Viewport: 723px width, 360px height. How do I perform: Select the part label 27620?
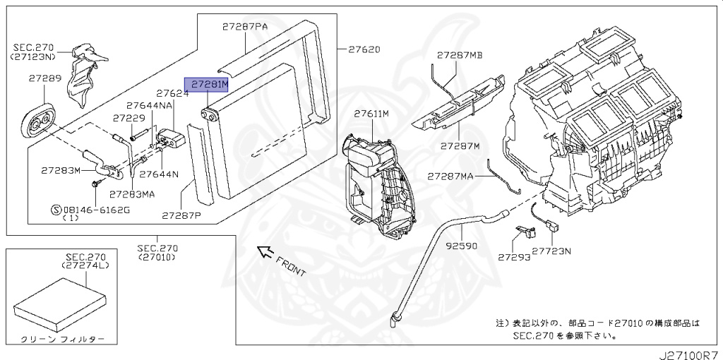click(x=364, y=49)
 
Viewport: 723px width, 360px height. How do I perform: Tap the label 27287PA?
click(x=245, y=26)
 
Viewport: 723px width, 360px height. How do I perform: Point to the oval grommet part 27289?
click(x=37, y=124)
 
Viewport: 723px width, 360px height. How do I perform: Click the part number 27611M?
click(x=371, y=114)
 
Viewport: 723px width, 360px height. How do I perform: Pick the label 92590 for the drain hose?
click(x=462, y=248)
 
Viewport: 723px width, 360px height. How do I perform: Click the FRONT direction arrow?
click(x=265, y=251)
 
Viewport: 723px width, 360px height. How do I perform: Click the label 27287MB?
click(x=460, y=54)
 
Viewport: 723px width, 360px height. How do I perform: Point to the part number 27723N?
click(x=552, y=251)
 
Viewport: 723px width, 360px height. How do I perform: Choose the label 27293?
click(x=513, y=258)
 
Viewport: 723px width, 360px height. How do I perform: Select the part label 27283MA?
click(x=131, y=193)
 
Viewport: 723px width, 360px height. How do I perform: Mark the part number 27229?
click(x=129, y=119)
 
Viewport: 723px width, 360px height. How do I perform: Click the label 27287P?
click(x=181, y=215)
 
